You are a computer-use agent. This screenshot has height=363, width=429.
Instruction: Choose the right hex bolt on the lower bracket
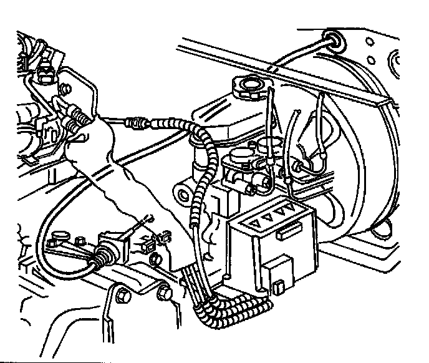164,291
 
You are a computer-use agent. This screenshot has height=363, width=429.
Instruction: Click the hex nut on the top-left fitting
46,74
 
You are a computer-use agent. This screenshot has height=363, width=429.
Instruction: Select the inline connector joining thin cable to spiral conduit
137,123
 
